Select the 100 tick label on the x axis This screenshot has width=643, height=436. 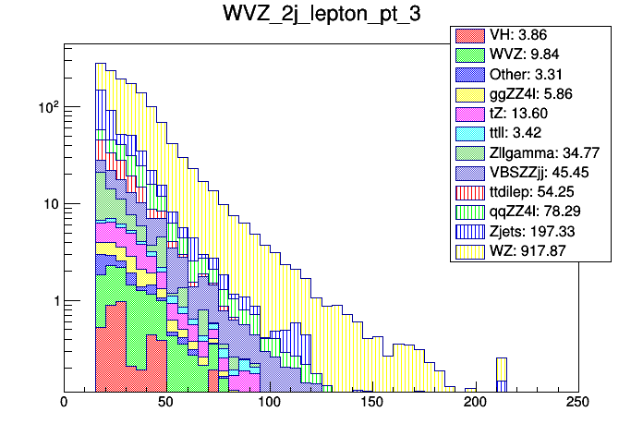[270, 402]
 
